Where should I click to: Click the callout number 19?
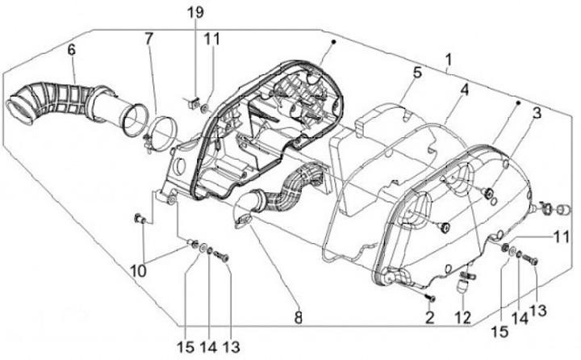196,13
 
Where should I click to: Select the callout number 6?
71,50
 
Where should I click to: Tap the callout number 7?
148,38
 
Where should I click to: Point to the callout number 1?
449,60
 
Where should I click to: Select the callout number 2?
430,316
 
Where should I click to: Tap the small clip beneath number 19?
194,102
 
